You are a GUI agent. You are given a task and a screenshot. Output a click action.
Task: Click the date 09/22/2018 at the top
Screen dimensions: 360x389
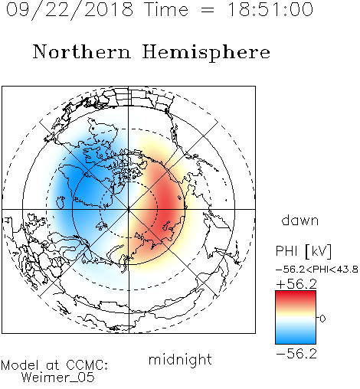coord(70,10)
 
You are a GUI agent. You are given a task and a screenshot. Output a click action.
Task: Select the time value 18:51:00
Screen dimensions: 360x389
coord(270,10)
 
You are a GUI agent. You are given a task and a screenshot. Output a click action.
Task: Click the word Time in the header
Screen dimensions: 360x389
coord(166,10)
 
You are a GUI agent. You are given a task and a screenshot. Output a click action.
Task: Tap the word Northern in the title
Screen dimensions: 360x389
coord(82,51)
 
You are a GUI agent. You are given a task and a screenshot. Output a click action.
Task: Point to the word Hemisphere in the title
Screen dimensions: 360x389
coord(206,53)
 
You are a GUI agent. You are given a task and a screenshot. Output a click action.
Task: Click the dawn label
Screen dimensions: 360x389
coord(300,220)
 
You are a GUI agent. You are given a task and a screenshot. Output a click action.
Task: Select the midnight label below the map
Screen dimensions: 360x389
coord(180,359)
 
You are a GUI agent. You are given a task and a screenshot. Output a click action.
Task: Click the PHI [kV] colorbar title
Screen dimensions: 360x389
coord(303,251)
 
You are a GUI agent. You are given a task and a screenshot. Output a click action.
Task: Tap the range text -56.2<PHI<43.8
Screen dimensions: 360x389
coord(317,270)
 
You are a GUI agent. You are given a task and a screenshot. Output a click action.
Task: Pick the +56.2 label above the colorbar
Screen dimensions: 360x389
coord(296,284)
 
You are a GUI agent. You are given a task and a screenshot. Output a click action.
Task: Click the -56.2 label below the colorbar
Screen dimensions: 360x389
coord(296,354)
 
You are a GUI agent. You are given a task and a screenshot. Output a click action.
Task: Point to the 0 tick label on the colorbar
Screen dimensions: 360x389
coord(322,319)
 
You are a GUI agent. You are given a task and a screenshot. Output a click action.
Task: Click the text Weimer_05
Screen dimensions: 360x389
coord(58,378)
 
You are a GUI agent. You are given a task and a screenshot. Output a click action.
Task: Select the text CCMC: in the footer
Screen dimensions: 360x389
coord(87,365)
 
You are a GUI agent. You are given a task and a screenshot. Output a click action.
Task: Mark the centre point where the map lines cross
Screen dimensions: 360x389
coord(129,210)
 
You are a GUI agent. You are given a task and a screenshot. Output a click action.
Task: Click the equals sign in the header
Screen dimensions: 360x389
coord(208,10)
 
